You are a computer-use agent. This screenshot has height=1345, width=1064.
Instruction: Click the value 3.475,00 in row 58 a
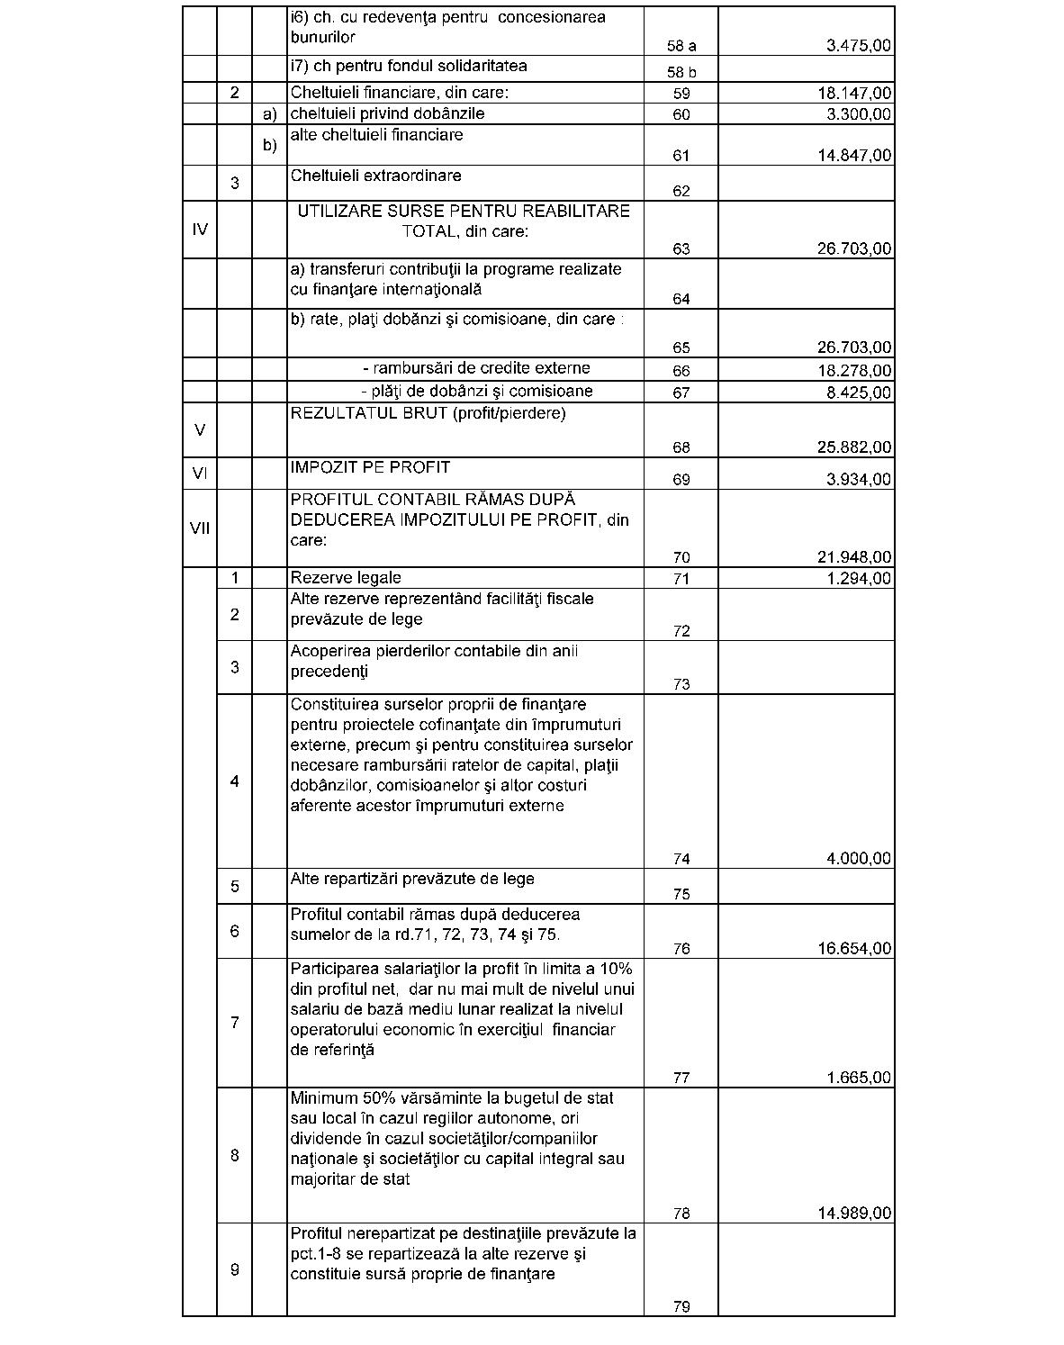tap(859, 46)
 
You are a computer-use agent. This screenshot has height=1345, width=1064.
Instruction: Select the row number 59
tap(681, 94)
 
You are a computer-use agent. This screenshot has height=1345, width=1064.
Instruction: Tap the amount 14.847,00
tap(854, 156)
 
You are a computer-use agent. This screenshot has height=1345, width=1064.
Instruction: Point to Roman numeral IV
tap(200, 230)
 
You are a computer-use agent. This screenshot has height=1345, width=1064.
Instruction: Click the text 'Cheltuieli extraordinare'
tap(375, 176)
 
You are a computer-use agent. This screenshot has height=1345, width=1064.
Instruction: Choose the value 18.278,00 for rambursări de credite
tap(854, 371)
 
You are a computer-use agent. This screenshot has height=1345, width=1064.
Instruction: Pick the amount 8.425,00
tap(859, 393)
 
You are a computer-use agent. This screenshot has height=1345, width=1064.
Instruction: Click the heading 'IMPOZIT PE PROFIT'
tap(370, 468)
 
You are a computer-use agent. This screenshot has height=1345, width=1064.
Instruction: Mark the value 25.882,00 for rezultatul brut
tap(854, 447)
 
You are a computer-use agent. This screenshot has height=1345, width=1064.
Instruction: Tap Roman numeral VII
tap(200, 528)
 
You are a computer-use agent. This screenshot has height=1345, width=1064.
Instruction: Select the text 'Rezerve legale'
tap(346, 578)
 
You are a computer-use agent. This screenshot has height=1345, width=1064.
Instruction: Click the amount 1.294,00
tap(859, 579)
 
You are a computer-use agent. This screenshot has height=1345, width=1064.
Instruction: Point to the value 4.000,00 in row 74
tap(859, 859)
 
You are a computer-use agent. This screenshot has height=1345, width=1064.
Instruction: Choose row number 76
tap(681, 949)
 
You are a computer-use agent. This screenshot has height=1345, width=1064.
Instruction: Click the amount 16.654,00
tap(854, 949)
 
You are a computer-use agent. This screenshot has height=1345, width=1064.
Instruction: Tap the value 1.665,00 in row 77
tap(859, 1078)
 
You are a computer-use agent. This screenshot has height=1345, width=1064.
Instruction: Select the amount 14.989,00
tap(854, 1214)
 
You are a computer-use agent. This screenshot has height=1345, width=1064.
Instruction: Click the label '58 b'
tap(681, 72)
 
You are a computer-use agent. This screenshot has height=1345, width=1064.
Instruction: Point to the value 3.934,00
tap(859, 480)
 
